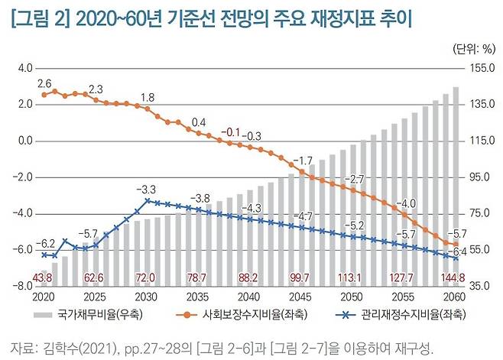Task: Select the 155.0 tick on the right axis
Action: [480, 69]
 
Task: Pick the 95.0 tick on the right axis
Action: [480, 177]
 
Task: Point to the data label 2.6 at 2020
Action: [44, 83]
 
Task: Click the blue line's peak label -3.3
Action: [146, 189]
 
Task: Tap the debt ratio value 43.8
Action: [44, 277]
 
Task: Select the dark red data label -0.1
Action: [229, 131]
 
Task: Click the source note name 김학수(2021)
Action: [81, 348]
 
